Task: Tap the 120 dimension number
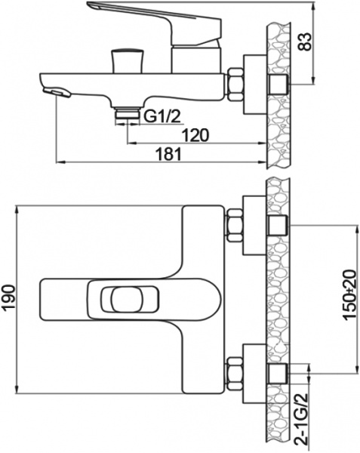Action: point(196,135)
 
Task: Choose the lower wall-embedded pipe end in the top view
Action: point(277,372)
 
